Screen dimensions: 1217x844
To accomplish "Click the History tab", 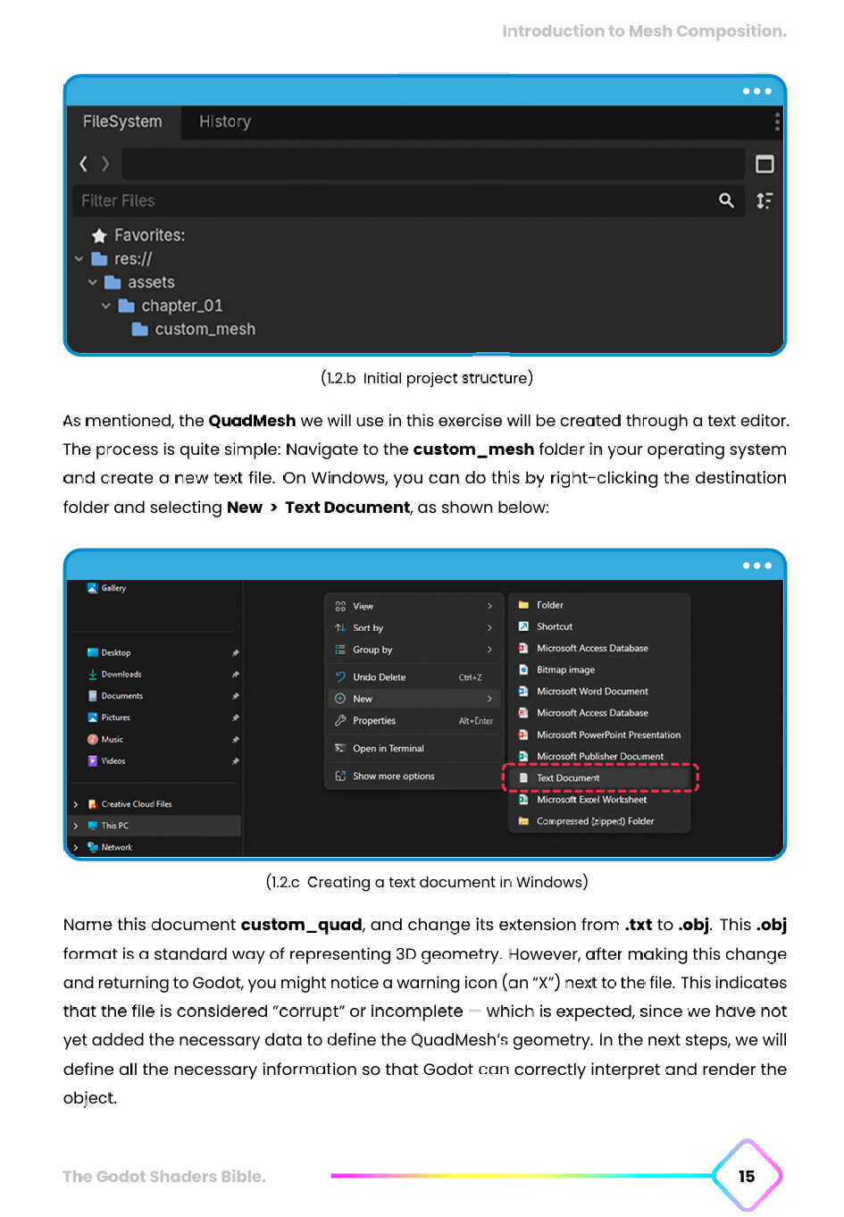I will click(x=224, y=122).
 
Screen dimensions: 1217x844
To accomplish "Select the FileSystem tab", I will click(x=122, y=122).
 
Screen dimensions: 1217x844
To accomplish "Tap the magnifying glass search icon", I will click(x=726, y=201).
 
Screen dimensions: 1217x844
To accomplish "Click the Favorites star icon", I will click(x=99, y=236).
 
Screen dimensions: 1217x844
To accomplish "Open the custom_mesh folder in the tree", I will click(x=205, y=329).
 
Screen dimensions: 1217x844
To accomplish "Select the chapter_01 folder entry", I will click(x=181, y=306).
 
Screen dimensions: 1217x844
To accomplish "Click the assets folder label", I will click(x=151, y=282).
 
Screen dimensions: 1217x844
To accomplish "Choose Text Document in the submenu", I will click(x=568, y=778).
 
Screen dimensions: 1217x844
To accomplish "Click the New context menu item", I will click(x=363, y=699).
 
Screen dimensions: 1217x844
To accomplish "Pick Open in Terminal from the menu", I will click(x=388, y=749).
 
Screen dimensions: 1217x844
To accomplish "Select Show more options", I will click(x=393, y=776).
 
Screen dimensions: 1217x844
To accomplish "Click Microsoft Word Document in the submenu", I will click(x=592, y=692).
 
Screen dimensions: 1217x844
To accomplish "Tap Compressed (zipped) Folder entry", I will click(x=595, y=821).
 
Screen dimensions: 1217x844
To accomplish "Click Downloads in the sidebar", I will click(x=121, y=675).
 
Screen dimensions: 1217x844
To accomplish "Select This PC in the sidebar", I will click(x=114, y=826).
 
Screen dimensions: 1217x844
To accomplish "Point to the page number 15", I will click(x=747, y=1176).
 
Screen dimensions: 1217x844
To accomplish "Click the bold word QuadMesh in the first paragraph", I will click(x=252, y=421).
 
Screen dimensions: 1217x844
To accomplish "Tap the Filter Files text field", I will click(x=393, y=201).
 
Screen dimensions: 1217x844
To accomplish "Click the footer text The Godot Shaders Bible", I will click(x=164, y=1177).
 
